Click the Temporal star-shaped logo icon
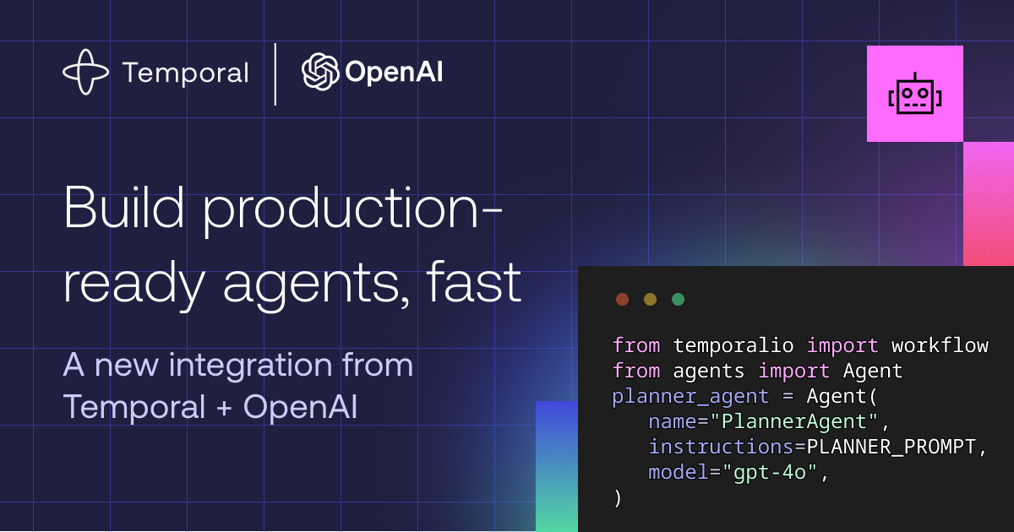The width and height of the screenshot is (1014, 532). coord(86,72)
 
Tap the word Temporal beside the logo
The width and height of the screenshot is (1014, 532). coord(185,73)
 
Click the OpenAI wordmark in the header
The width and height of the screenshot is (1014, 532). coord(394,73)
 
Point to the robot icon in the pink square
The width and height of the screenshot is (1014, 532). coord(914,94)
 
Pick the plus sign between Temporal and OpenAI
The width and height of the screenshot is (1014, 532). coord(224,408)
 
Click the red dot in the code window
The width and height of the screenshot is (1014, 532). coord(623,299)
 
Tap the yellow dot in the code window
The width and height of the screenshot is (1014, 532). coord(650,299)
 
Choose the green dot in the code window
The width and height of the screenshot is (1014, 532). coord(678,299)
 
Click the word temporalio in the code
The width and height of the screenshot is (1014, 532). coord(733,345)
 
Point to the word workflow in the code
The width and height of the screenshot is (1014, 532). coord(940,345)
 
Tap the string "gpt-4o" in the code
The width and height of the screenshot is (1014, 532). coord(771,472)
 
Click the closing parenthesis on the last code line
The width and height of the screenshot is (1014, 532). coord(618,498)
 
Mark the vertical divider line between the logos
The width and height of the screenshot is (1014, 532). coord(275,73)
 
